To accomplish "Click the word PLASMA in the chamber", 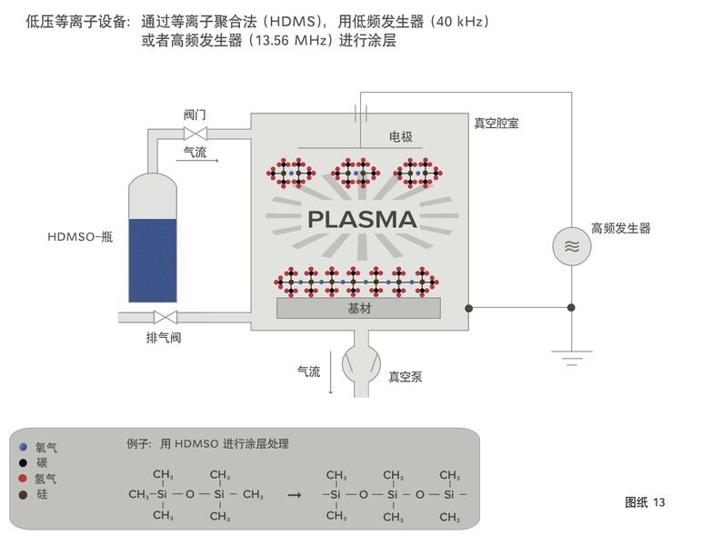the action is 362,220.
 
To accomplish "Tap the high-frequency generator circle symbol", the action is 572,247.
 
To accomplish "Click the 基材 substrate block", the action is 358,308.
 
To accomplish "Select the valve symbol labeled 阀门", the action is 196,134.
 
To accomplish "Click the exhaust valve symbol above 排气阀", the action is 165,317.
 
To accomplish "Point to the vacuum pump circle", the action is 361,364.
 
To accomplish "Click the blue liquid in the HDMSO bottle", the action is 153,261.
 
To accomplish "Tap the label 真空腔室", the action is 496,124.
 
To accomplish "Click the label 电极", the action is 400,136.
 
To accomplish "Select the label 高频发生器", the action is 621,228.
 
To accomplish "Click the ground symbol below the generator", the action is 572,358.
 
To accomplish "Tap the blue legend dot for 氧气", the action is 23,447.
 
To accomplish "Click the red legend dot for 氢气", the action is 23,479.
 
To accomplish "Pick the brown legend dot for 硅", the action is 23,495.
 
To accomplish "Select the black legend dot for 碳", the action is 23,463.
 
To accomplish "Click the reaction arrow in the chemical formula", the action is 295,495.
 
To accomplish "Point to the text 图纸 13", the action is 645,502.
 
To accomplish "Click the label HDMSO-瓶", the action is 80,237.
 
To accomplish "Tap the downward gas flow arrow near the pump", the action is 331,372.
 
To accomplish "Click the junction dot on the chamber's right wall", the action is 469,308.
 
